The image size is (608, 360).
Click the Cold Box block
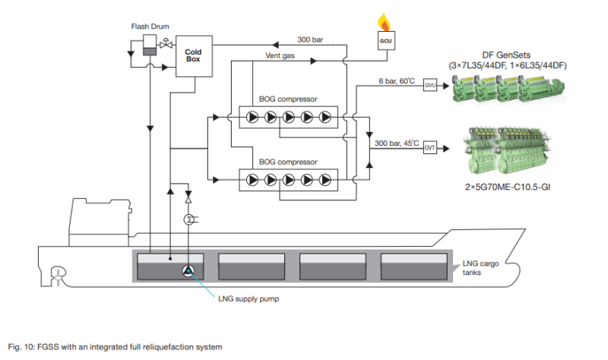point(194,55)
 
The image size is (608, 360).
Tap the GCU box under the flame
point(386,41)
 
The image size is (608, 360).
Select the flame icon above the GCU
point(385,22)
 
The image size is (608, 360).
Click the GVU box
point(430,85)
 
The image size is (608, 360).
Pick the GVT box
point(430,147)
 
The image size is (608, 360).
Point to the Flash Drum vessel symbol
point(150,45)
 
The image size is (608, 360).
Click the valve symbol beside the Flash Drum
point(166,44)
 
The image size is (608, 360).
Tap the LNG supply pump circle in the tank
point(188,271)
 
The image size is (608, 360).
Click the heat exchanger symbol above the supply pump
point(188,219)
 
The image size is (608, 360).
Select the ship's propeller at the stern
point(58,276)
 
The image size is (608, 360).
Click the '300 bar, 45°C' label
point(396,143)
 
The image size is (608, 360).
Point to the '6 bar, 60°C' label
point(397,81)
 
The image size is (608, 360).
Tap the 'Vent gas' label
point(280,55)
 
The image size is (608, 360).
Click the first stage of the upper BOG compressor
point(252,117)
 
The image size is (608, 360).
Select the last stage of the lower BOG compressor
point(325,180)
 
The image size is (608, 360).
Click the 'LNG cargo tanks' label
point(480,268)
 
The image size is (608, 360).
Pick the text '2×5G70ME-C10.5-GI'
point(508,187)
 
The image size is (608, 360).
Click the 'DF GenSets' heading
point(506,55)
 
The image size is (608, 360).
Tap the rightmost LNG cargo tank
point(413,267)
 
